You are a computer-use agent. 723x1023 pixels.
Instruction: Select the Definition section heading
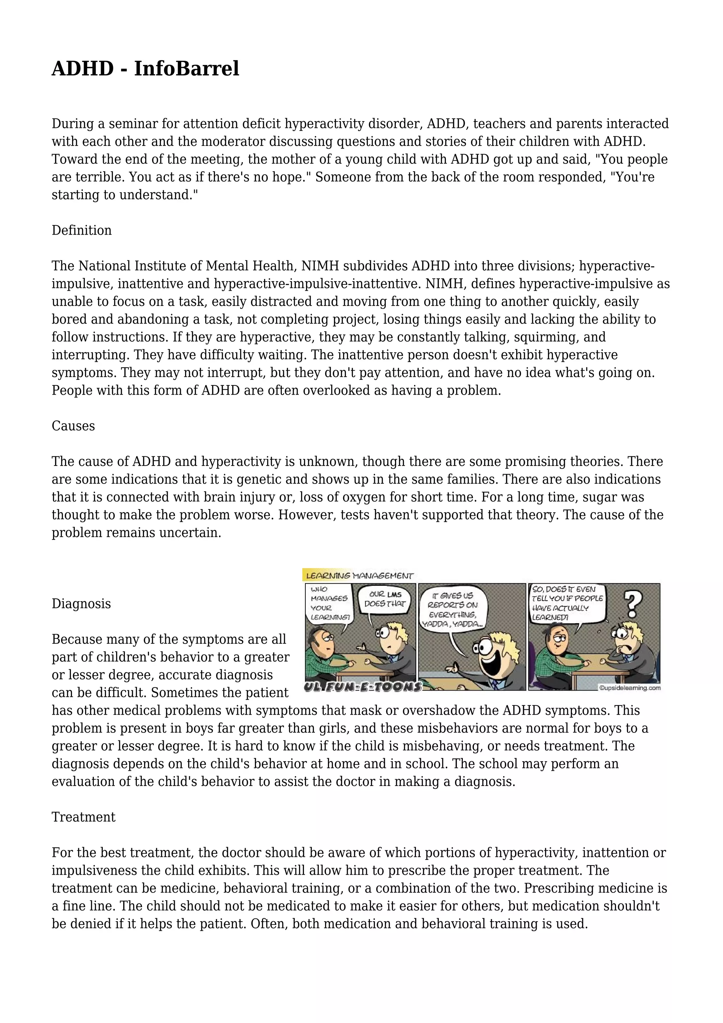[82, 230]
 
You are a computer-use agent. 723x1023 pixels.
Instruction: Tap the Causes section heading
[73, 426]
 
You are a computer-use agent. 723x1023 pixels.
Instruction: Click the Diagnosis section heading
[81, 604]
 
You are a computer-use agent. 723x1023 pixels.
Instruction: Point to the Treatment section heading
[83, 817]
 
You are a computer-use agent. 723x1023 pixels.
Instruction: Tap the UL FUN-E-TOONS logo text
[363, 687]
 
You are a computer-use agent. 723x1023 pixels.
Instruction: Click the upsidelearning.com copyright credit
[629, 688]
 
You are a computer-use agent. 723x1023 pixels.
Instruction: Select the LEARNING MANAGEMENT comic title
[359, 576]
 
